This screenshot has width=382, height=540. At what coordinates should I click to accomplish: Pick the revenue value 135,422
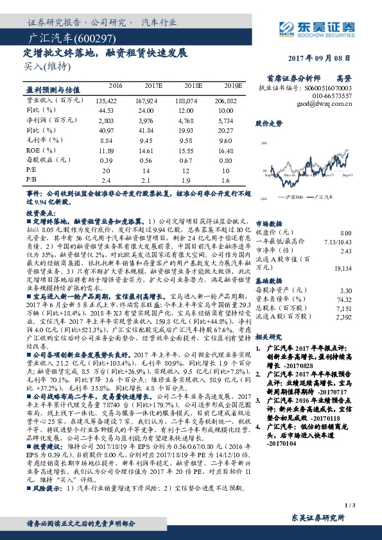click(x=105, y=101)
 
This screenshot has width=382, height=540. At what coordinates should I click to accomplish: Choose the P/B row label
click(x=31, y=180)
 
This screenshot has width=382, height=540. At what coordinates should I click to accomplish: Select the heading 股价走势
click(x=269, y=122)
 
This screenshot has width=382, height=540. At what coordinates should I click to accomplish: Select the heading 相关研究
click(x=269, y=336)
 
